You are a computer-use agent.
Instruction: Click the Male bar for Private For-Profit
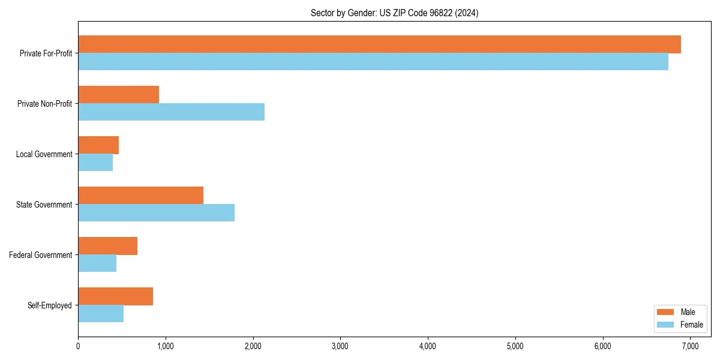click(379, 44)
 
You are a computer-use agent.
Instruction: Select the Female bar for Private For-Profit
click(373, 62)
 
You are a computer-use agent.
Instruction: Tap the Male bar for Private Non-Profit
click(118, 95)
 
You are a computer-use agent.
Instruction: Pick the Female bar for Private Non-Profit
click(171, 112)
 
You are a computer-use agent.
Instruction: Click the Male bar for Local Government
click(98, 145)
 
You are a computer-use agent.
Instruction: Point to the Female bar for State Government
click(156, 213)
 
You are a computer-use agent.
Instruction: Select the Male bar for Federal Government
click(107, 246)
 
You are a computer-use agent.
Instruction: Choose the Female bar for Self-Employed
click(101, 314)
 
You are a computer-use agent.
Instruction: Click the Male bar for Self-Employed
click(115, 296)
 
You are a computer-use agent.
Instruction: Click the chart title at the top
click(394, 13)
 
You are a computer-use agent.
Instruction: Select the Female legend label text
click(692, 325)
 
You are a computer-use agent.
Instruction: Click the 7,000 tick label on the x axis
click(690, 346)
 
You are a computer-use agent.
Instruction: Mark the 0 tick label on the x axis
click(78, 346)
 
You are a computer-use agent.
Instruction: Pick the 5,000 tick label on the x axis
click(515, 346)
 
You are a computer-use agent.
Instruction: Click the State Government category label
click(44, 205)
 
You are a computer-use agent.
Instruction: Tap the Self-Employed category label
click(50, 305)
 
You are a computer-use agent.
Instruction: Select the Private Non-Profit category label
click(44, 104)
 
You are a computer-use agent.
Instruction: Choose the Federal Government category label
click(41, 255)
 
